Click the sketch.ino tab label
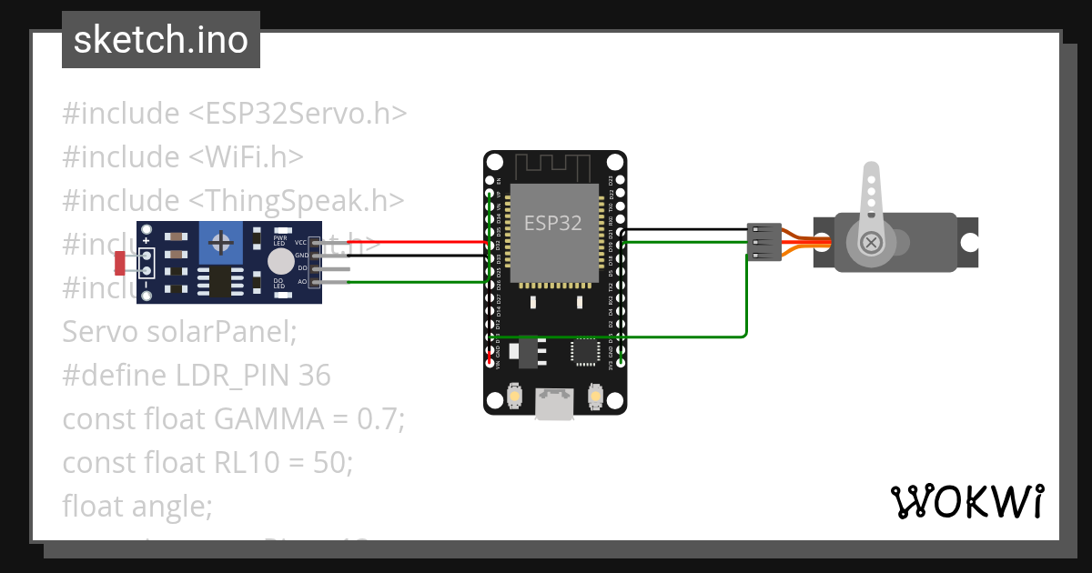(x=160, y=40)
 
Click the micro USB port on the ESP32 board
(x=554, y=404)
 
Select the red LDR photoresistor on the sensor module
(x=120, y=263)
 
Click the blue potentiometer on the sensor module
(x=219, y=242)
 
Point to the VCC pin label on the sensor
(x=300, y=243)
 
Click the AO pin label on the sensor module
(x=301, y=282)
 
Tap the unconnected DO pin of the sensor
(x=332, y=269)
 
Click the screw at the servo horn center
(x=870, y=242)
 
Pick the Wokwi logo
(x=966, y=501)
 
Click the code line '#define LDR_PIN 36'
(x=197, y=375)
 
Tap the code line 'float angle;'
(x=136, y=505)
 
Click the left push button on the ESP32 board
(x=514, y=397)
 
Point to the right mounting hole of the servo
(x=970, y=243)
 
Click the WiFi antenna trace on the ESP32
(x=554, y=168)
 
